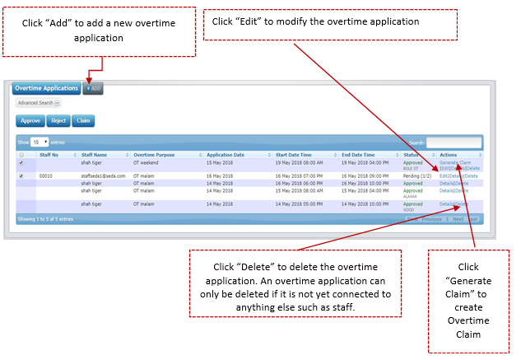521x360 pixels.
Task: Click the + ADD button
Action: point(93,88)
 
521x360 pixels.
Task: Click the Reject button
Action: point(58,120)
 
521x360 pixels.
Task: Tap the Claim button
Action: point(82,120)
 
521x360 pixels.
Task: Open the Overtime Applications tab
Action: point(47,88)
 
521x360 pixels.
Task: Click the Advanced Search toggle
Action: point(38,103)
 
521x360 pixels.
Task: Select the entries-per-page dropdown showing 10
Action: point(40,143)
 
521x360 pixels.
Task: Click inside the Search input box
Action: point(454,143)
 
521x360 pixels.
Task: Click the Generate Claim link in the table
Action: point(455,162)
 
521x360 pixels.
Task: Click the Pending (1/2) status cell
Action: point(417,176)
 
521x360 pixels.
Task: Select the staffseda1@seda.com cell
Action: point(104,176)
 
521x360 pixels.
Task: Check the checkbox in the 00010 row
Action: point(21,176)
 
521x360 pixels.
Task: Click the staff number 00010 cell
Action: point(46,176)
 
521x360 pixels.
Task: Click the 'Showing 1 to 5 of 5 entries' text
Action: point(45,219)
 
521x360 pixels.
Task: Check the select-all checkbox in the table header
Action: point(21,155)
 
